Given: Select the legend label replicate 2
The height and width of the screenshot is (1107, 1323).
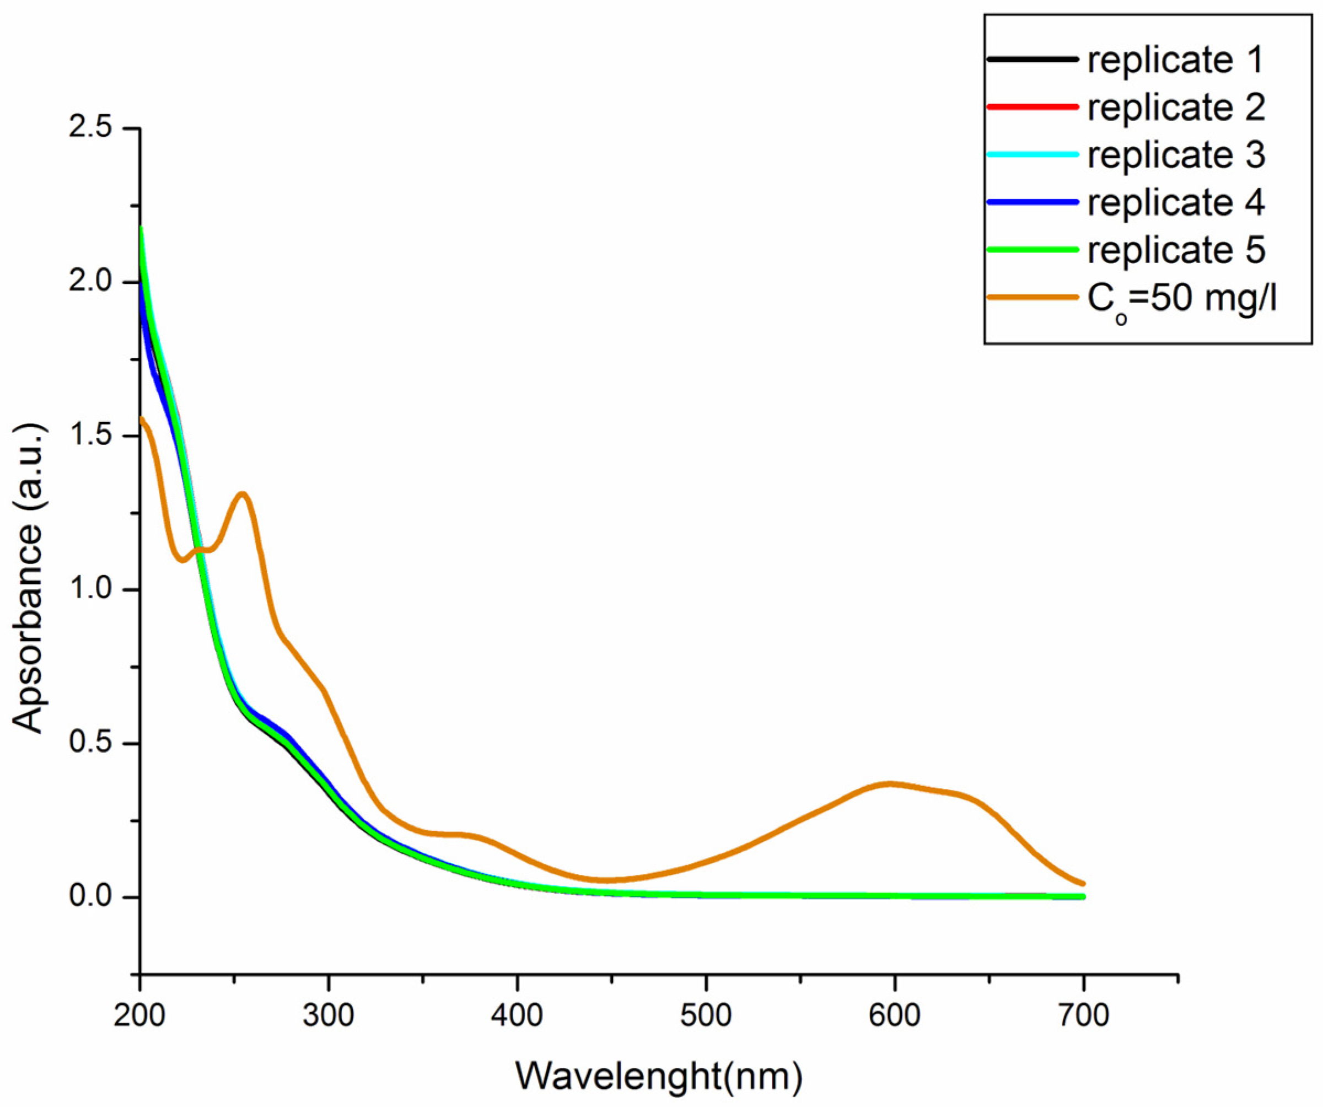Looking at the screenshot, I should coord(1176,107).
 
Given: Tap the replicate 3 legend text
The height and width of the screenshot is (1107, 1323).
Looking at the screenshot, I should coord(1176,155).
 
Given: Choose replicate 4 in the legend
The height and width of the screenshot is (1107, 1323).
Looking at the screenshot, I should coord(1176,202).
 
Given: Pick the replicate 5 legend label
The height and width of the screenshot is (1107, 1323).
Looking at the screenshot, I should coord(1176,250).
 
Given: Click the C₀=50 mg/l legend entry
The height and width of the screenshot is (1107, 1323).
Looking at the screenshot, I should coord(1181,299).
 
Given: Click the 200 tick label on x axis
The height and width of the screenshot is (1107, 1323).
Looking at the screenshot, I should coord(139,1015).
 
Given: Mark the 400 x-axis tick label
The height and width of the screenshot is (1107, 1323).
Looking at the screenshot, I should coord(517,1015).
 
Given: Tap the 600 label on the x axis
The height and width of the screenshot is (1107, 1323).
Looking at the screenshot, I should coord(894,1015).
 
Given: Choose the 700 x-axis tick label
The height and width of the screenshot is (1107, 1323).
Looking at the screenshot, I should coord(1083,1015).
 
